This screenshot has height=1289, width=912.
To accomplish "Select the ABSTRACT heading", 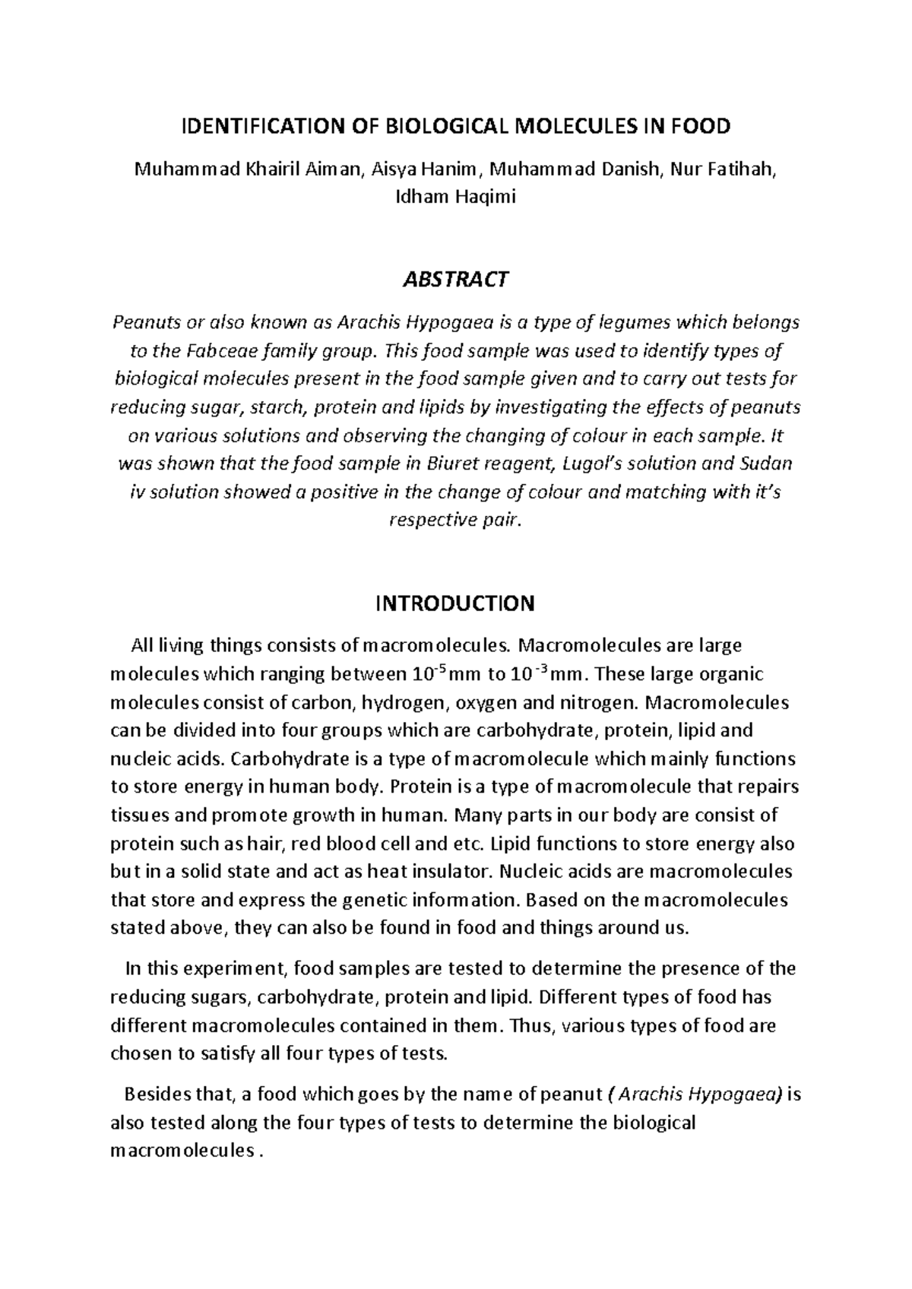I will tap(455, 280).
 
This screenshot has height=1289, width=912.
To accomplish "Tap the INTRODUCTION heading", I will tap(455, 603).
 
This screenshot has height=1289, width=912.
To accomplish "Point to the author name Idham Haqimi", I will tap(455, 198).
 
